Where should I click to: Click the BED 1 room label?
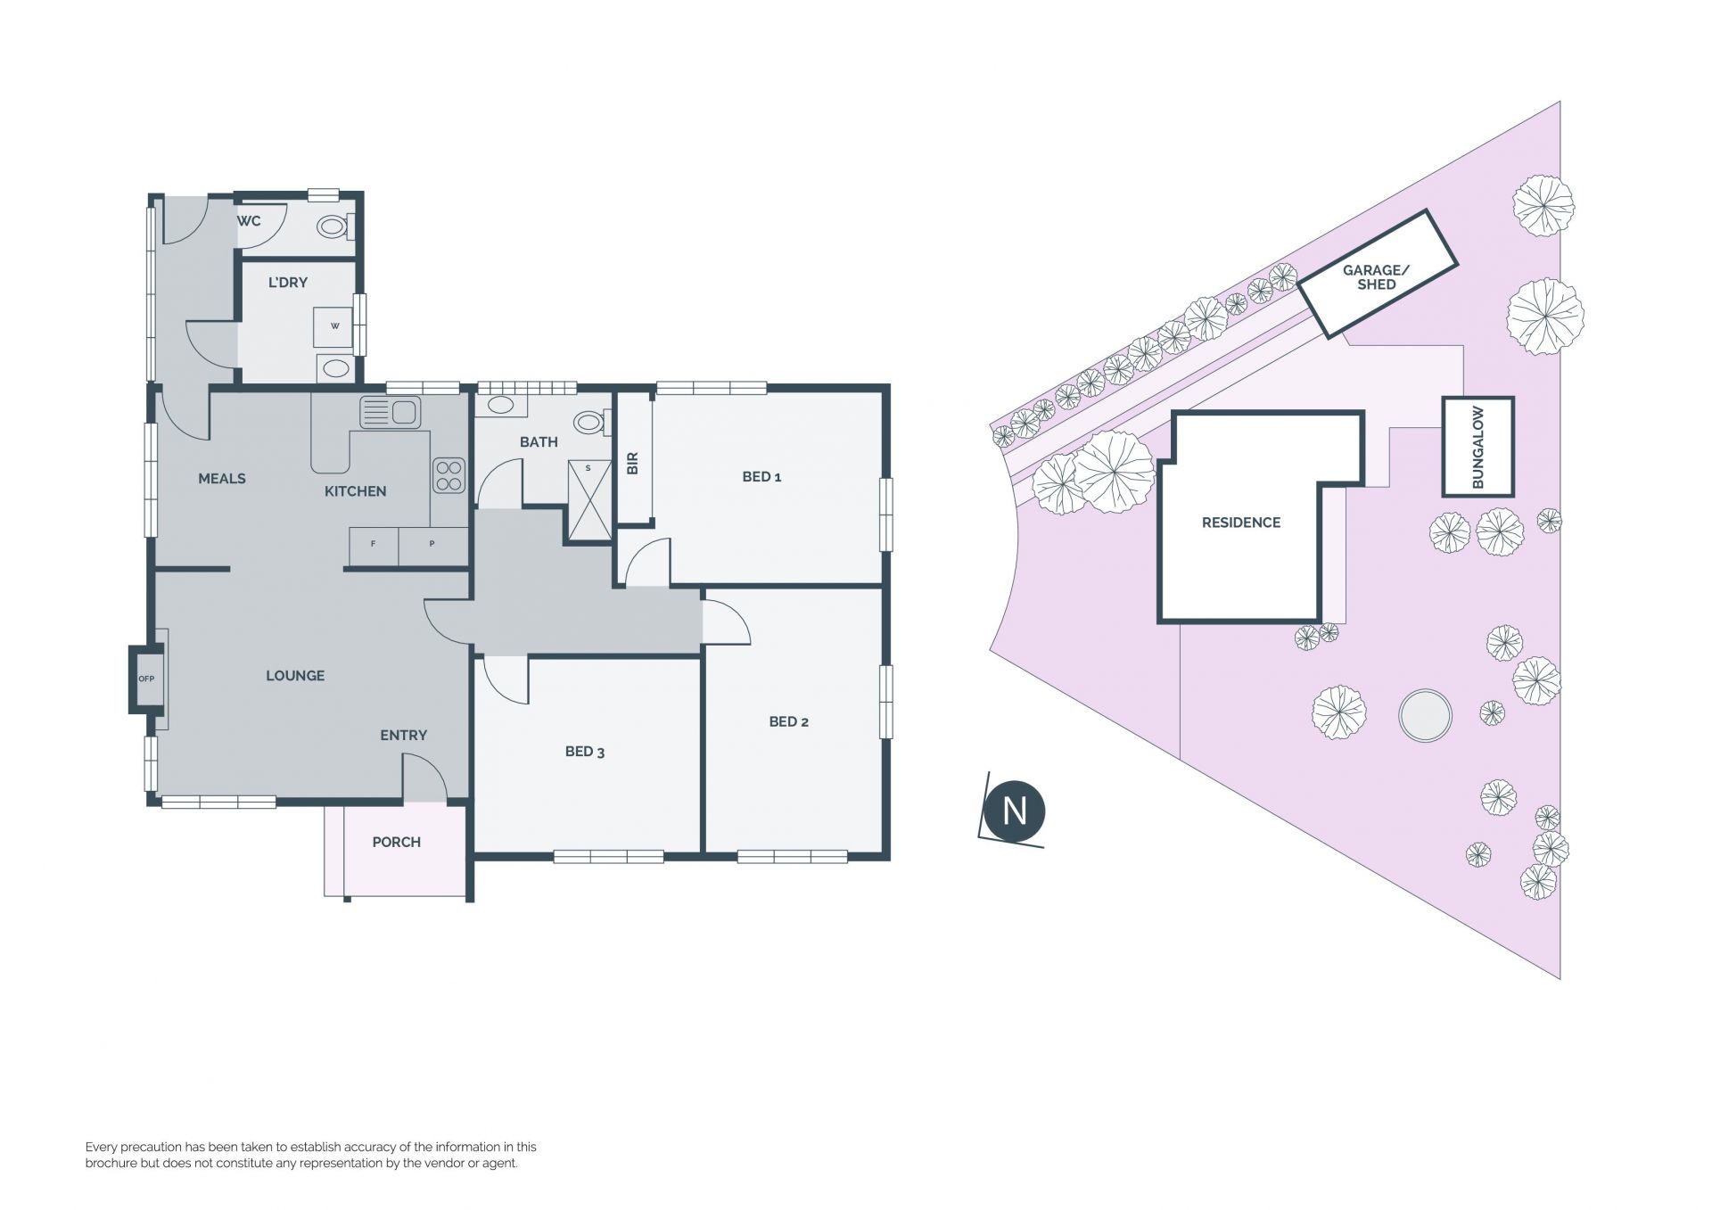coord(761,477)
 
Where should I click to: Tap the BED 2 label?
coord(788,721)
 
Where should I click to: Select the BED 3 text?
coord(585,752)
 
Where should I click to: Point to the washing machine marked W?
coord(335,326)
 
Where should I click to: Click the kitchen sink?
coord(390,413)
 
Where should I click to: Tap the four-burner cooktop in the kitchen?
coord(449,475)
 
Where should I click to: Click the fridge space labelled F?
coord(373,545)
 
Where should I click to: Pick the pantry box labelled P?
coord(432,545)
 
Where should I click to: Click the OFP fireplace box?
coord(146,679)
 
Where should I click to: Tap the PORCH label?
coord(397,842)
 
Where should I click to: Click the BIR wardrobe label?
coord(633,464)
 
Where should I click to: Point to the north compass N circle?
coord(1014,811)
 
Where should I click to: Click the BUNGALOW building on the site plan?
coord(1477,447)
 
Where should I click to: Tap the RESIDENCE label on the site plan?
coord(1241,523)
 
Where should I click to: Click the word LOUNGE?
coord(295,676)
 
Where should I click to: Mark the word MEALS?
coord(222,479)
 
